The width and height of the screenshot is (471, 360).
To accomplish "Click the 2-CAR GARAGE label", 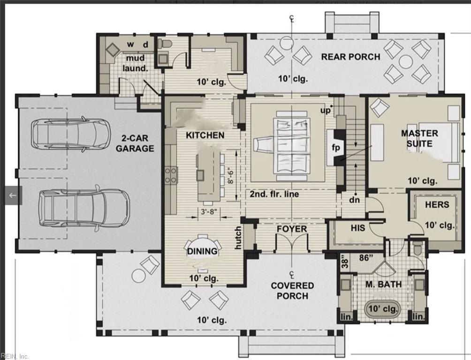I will click(135, 143).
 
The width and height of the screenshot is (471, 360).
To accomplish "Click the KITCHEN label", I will click(205, 135).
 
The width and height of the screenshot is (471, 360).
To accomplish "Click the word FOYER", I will click(291, 229).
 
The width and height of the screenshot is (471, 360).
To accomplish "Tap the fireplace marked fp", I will click(336, 147).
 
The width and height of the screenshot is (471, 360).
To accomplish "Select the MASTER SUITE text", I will click(419, 138).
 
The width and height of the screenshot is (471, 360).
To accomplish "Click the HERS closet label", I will click(437, 205).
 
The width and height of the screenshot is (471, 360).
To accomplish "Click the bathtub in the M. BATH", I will click(383, 309).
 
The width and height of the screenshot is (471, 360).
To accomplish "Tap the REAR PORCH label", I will click(350, 57).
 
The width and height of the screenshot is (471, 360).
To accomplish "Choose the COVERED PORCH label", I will click(292, 291).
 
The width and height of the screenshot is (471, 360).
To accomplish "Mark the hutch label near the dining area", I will click(238, 237).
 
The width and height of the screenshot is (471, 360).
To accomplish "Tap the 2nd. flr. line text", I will click(274, 194).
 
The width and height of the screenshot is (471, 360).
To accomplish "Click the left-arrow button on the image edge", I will click(13, 195).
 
